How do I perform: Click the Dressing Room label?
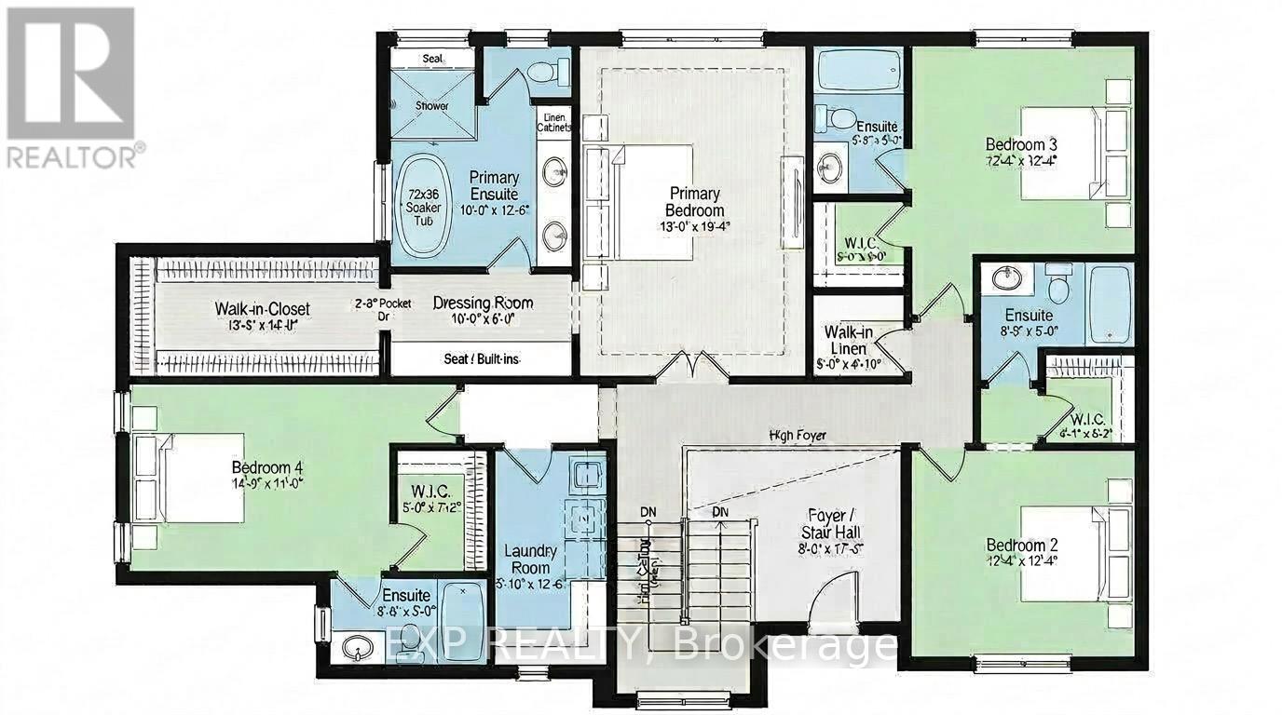point(483,303)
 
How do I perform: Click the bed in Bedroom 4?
point(191,478)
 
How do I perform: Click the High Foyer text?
point(798,435)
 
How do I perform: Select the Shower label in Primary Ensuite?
point(432,106)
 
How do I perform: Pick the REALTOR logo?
point(71,88)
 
